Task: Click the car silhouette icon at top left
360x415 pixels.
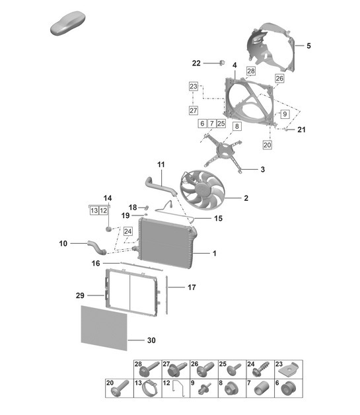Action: (69, 26)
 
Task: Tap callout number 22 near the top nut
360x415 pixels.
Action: (196, 63)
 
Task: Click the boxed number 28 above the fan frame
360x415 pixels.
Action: (251, 71)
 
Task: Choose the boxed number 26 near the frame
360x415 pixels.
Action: (279, 78)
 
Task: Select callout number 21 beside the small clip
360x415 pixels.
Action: (301, 130)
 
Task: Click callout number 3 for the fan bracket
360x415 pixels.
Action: (262, 170)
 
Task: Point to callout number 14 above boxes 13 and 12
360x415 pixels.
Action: (108, 198)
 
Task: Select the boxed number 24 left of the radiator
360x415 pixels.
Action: (127, 231)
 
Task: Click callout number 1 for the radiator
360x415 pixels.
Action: (214, 253)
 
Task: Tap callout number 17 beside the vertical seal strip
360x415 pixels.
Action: (192, 287)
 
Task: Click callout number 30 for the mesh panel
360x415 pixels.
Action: (151, 341)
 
